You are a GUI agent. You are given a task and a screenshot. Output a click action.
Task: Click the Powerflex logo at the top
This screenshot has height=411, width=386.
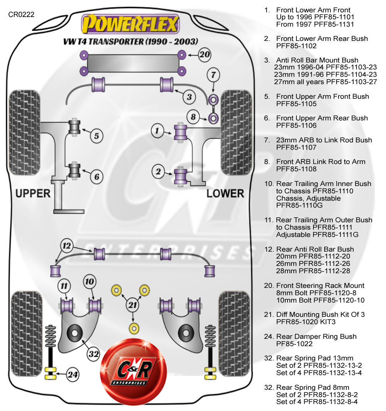[130, 24]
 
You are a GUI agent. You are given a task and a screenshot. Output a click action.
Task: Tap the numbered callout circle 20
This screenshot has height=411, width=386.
[205, 54]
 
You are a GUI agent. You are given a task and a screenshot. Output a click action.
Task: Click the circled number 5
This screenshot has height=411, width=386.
[96, 135]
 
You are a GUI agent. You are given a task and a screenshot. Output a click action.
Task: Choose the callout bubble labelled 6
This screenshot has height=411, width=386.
[96, 177]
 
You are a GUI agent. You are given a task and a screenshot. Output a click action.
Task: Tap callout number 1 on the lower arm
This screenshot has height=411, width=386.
[157, 131]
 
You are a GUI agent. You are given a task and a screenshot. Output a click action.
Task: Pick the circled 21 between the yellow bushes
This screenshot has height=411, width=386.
[133, 305]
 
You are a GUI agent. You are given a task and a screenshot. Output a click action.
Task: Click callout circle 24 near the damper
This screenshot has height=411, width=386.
[73, 374]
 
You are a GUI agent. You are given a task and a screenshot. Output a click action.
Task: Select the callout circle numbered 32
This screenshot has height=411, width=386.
[93, 354]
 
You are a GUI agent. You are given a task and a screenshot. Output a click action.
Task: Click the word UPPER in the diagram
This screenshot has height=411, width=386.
[33, 193]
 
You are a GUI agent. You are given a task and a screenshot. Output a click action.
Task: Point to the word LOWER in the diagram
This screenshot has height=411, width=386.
[225, 193]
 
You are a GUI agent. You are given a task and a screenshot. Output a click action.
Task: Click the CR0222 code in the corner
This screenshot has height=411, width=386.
[21, 15]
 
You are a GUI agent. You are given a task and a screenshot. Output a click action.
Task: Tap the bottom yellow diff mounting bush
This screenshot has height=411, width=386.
[134, 328]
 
